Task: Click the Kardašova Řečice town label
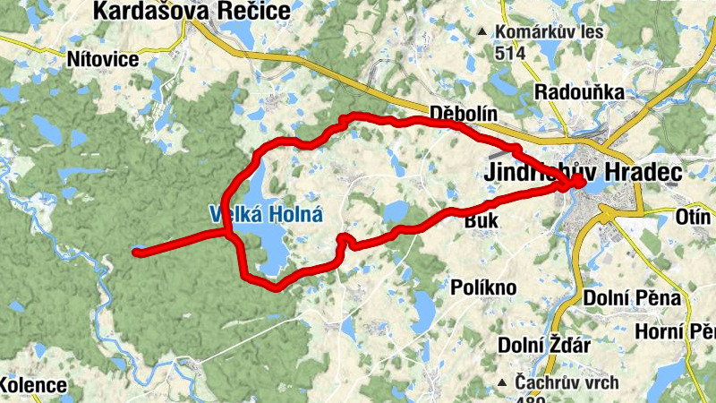tap(192, 12)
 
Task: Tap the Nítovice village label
tap(103, 59)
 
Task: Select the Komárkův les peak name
tap(550, 32)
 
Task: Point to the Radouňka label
tap(571, 91)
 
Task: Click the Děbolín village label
tap(461, 114)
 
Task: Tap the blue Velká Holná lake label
tap(265, 215)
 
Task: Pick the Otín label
tap(693, 217)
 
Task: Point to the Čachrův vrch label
tap(567, 382)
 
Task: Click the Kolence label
tap(33, 385)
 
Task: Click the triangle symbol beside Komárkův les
tap(482, 32)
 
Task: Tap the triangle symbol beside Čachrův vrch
tap(503, 382)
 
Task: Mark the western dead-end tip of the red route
tap(136, 253)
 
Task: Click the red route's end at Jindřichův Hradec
tap(579, 182)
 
